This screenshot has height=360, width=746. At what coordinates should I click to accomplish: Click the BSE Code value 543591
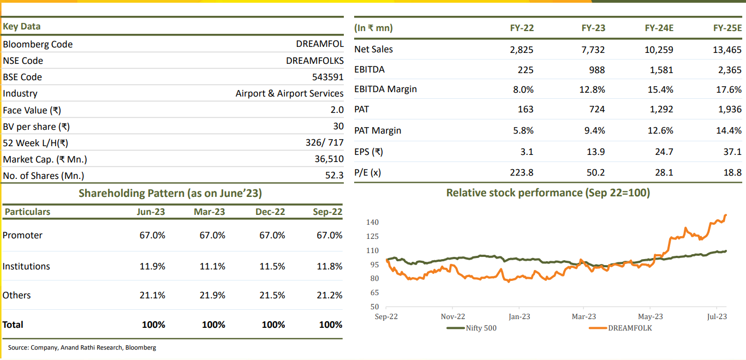click(327, 77)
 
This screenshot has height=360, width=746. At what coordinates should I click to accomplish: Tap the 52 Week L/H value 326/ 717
click(325, 143)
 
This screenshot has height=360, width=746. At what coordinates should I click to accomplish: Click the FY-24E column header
click(659, 28)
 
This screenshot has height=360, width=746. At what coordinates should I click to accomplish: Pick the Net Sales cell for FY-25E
click(727, 50)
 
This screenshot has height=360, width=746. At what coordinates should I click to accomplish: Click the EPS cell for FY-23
click(597, 152)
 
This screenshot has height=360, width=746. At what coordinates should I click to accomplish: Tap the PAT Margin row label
click(378, 130)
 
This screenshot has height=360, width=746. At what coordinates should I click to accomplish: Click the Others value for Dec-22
click(272, 295)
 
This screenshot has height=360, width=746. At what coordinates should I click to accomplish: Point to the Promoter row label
click(22, 235)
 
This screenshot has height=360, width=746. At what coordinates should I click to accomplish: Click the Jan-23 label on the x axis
click(519, 316)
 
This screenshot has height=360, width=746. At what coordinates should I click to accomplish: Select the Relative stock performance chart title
click(548, 193)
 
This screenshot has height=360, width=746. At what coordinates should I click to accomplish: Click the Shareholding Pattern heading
click(170, 193)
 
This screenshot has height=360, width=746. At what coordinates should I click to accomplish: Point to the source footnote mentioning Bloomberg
click(82, 347)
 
